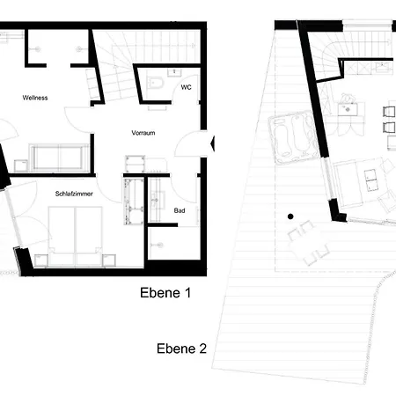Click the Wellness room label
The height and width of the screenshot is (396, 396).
[35, 98]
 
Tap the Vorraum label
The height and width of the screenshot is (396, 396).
[143, 133]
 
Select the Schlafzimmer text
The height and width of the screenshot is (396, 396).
[74, 194]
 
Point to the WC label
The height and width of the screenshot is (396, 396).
[186, 87]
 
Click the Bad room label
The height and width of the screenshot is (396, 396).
[180, 210]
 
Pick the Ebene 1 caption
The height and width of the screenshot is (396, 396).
[165, 293]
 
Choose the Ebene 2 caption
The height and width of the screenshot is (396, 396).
[181, 348]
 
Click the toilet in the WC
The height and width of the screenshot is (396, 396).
[155, 83]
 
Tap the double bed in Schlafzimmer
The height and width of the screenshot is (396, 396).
[76, 237]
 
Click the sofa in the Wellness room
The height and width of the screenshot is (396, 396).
[59, 158]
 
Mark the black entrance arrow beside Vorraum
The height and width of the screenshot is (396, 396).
[213, 143]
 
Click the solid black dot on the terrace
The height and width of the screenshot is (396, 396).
[290, 216]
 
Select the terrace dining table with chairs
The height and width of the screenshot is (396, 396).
[308, 243]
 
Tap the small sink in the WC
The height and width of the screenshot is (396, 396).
[174, 71]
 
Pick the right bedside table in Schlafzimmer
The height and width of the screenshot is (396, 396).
[109, 260]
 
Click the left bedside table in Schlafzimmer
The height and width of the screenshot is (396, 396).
[41, 260]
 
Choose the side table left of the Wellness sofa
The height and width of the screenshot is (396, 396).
[21, 165]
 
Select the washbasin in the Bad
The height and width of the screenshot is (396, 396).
[155, 200]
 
